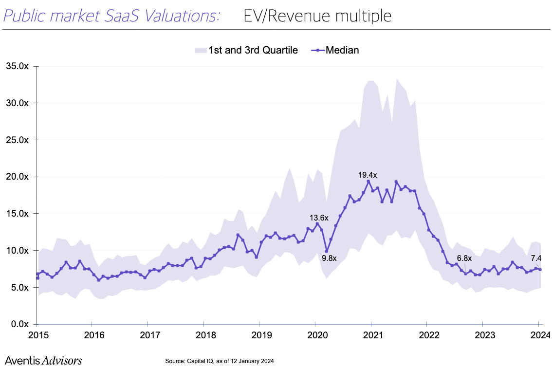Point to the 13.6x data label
click(x=319, y=218)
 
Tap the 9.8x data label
click(x=329, y=258)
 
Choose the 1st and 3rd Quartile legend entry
click(x=246, y=50)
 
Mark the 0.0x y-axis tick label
click(x=18, y=324)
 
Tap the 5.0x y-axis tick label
click(x=18, y=287)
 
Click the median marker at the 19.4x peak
click(x=368, y=182)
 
